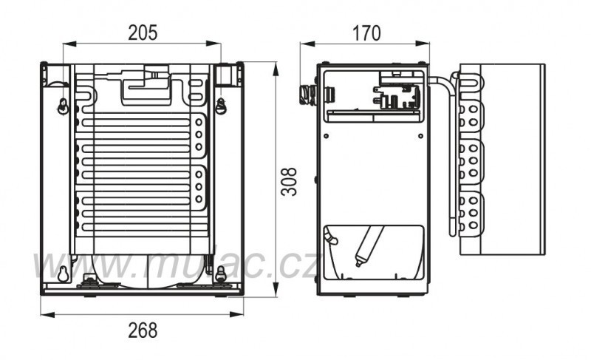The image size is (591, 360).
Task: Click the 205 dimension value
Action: click(x=142, y=33)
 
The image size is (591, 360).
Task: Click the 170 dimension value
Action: click(x=366, y=33)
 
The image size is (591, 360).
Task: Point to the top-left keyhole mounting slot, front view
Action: click(x=63, y=106)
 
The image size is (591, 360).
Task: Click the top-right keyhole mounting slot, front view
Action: click(x=220, y=106)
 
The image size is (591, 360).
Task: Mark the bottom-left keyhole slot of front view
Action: click(x=63, y=273)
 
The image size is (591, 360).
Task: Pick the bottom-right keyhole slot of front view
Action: click(x=220, y=273)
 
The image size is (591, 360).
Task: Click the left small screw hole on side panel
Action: click(x=326, y=137)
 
